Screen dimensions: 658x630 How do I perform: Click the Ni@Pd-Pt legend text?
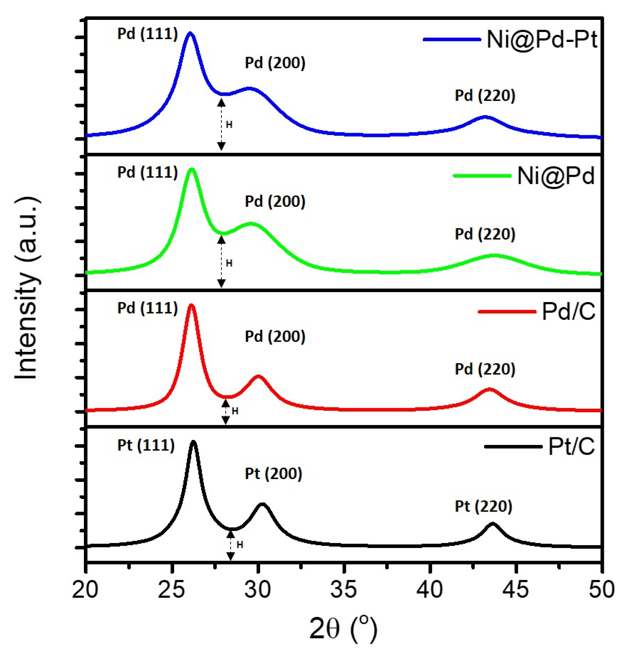click(x=541, y=40)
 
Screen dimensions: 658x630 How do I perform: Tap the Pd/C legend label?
click(x=568, y=311)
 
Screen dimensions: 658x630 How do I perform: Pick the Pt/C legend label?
click(x=571, y=447)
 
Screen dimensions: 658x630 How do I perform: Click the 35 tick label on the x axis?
click(x=344, y=589)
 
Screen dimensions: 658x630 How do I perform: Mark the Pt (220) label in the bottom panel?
click(x=483, y=506)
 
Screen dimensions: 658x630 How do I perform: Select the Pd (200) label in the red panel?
click(x=275, y=336)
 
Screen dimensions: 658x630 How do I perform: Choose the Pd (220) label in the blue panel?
click(x=485, y=95)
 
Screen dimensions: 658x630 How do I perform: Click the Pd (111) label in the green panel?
click(x=147, y=172)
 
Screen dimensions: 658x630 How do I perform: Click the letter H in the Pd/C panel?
click(x=235, y=411)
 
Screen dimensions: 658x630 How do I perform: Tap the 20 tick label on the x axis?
click(x=85, y=589)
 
